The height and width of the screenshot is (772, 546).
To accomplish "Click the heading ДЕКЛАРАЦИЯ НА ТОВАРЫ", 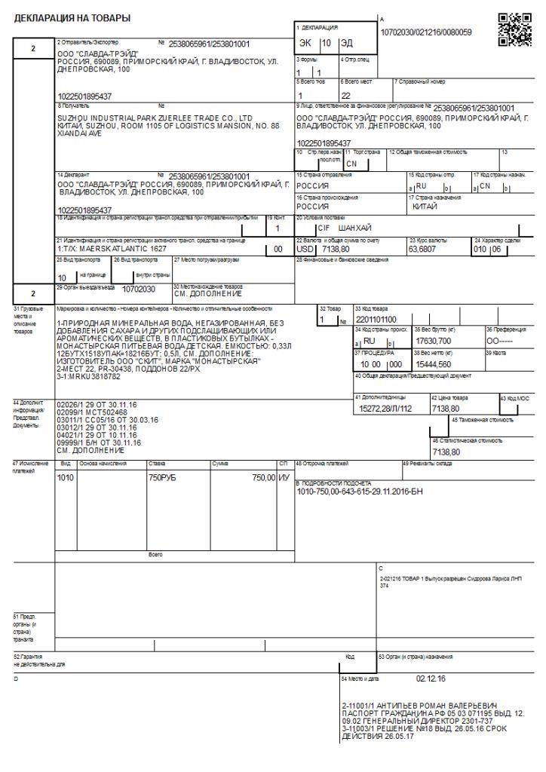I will point(72,17).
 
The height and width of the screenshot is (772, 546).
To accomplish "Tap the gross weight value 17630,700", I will point(434,341).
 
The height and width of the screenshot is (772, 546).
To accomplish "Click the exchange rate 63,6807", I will point(423,248).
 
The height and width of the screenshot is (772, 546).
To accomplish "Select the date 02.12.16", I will point(431,679).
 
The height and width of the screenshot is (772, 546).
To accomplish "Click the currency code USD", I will point(305,248).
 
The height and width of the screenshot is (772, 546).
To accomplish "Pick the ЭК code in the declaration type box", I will point(305,43).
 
